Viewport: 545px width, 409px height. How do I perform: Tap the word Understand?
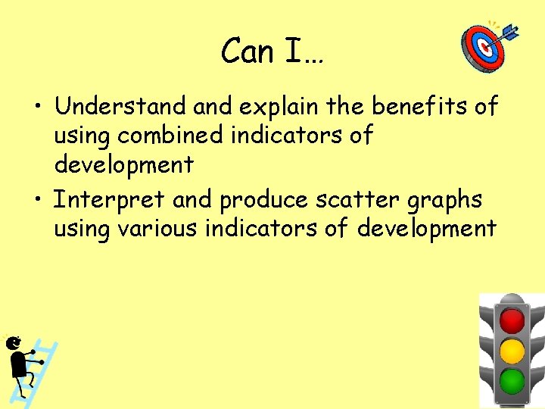pos(120,107)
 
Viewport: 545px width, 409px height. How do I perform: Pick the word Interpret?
pos(109,201)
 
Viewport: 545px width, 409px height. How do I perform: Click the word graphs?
pos(446,201)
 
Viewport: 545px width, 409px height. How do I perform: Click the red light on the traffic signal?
pos(512,320)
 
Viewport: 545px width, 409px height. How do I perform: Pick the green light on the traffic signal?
pos(512,380)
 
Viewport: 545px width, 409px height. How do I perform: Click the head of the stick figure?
pos(14,344)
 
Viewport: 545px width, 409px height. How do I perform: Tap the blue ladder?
pos(45,364)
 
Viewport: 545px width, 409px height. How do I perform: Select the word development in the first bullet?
pos(123,164)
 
